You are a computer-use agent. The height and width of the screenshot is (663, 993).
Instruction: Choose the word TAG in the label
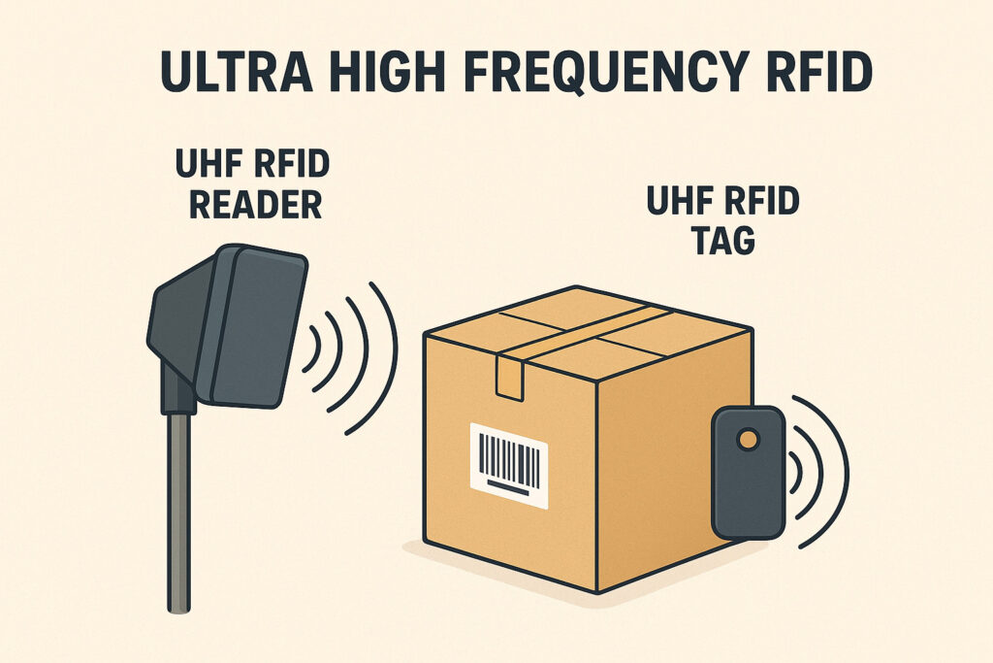(722, 240)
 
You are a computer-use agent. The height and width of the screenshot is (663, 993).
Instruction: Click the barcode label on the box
(508, 464)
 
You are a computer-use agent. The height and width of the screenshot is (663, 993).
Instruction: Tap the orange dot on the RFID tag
(748, 441)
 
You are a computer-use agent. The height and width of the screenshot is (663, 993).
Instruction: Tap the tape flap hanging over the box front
(509, 376)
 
